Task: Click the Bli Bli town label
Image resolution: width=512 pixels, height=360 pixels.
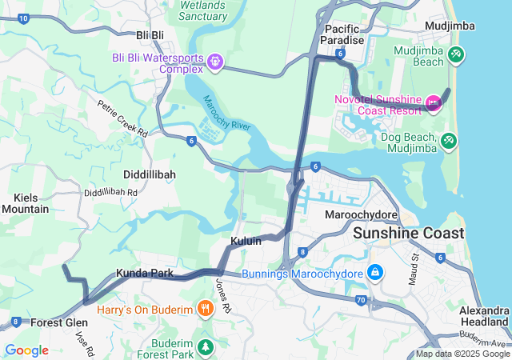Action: pyautogui.click(x=150, y=35)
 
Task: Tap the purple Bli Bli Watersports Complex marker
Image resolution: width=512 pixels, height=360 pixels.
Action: pyautogui.click(x=214, y=62)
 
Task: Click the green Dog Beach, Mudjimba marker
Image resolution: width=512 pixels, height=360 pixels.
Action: pyautogui.click(x=450, y=142)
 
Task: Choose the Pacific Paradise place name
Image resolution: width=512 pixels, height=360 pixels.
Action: pyautogui.click(x=342, y=34)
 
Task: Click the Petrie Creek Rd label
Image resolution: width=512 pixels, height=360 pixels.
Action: pyautogui.click(x=122, y=118)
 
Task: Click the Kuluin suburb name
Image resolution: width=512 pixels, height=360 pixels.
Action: pyautogui.click(x=246, y=241)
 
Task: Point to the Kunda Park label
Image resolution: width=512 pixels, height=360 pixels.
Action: pyautogui.click(x=144, y=273)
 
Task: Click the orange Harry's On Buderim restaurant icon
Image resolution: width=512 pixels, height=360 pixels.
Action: pyautogui.click(x=206, y=309)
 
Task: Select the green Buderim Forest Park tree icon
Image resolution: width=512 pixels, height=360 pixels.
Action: pyautogui.click(x=206, y=346)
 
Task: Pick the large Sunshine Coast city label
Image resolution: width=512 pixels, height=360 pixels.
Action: pyautogui.click(x=409, y=233)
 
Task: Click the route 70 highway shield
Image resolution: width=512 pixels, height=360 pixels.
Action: pyautogui.click(x=361, y=300)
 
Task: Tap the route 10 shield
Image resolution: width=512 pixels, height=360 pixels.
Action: pyautogui.click(x=23, y=18)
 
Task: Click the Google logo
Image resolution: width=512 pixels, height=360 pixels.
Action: pyautogui.click(x=26, y=350)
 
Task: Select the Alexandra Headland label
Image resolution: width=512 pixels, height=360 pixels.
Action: pyautogui.click(x=485, y=316)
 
